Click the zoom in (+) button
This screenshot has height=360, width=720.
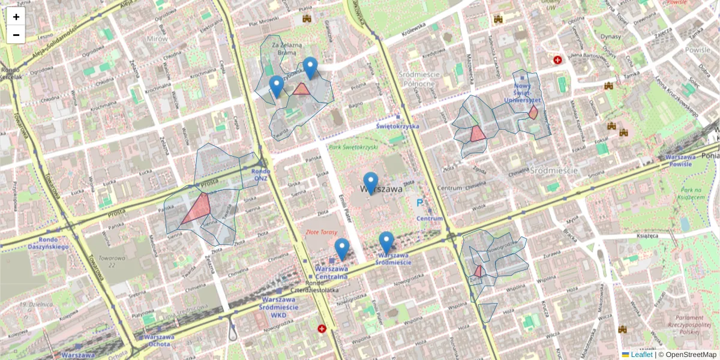(x=16, y=17)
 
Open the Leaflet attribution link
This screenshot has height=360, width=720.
(x=641, y=355)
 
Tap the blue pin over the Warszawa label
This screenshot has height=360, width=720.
(x=371, y=182)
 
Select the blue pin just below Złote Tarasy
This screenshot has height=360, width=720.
(x=342, y=248)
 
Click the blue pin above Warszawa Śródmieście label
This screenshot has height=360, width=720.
(x=386, y=241)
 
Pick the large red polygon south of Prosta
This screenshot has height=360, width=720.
(x=197, y=208)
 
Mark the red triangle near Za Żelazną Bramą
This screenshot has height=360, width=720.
(x=301, y=90)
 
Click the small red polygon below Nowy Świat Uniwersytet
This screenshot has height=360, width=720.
(x=533, y=112)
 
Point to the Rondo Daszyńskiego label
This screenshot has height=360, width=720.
(x=49, y=242)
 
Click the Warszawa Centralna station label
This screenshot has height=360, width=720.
(x=331, y=273)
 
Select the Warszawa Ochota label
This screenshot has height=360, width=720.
(x=158, y=340)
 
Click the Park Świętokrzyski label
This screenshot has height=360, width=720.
(x=352, y=147)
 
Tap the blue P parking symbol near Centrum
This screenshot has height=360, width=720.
(x=419, y=203)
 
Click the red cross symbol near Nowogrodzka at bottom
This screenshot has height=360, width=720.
(x=323, y=329)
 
